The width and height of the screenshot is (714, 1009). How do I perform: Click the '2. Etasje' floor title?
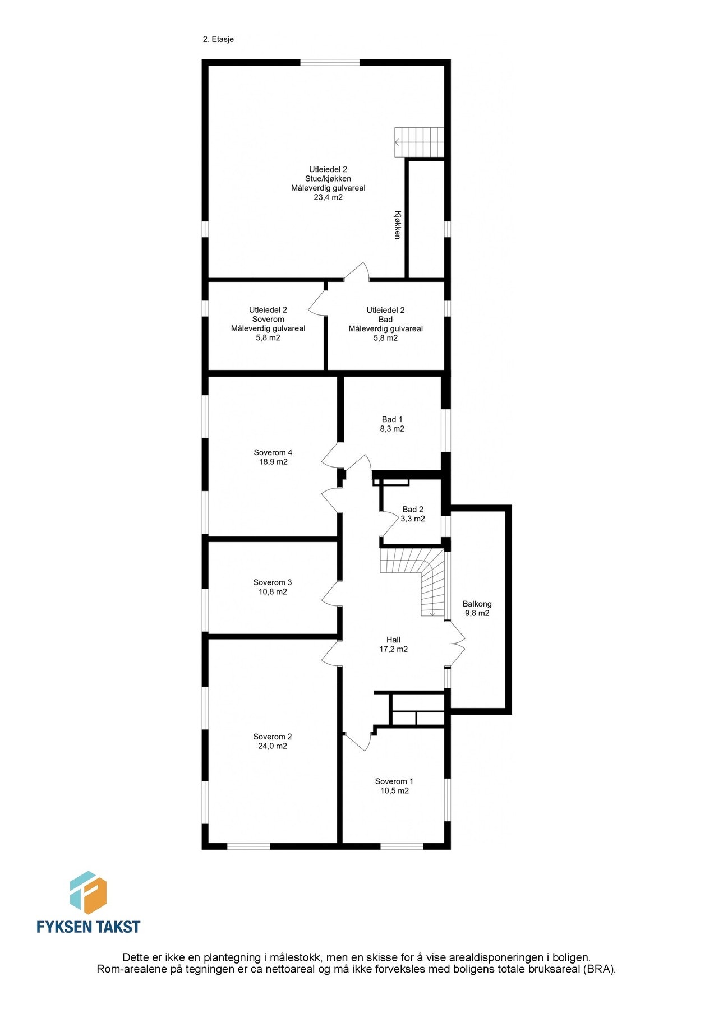tap(218, 40)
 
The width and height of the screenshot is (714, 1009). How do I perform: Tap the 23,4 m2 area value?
tap(328, 197)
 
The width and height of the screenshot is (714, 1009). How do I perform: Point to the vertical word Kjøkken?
tap(397, 225)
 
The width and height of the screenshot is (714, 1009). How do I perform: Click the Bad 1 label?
tap(392, 419)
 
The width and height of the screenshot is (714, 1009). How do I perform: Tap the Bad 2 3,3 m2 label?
tap(413, 514)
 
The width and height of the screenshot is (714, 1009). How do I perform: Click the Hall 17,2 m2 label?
tap(393, 644)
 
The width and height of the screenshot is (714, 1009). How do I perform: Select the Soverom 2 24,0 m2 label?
tap(273, 741)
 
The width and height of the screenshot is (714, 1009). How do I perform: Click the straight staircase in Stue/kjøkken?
tap(419, 142)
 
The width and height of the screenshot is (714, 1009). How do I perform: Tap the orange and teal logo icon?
tap(88, 893)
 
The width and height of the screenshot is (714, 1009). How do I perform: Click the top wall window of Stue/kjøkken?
tap(330, 62)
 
